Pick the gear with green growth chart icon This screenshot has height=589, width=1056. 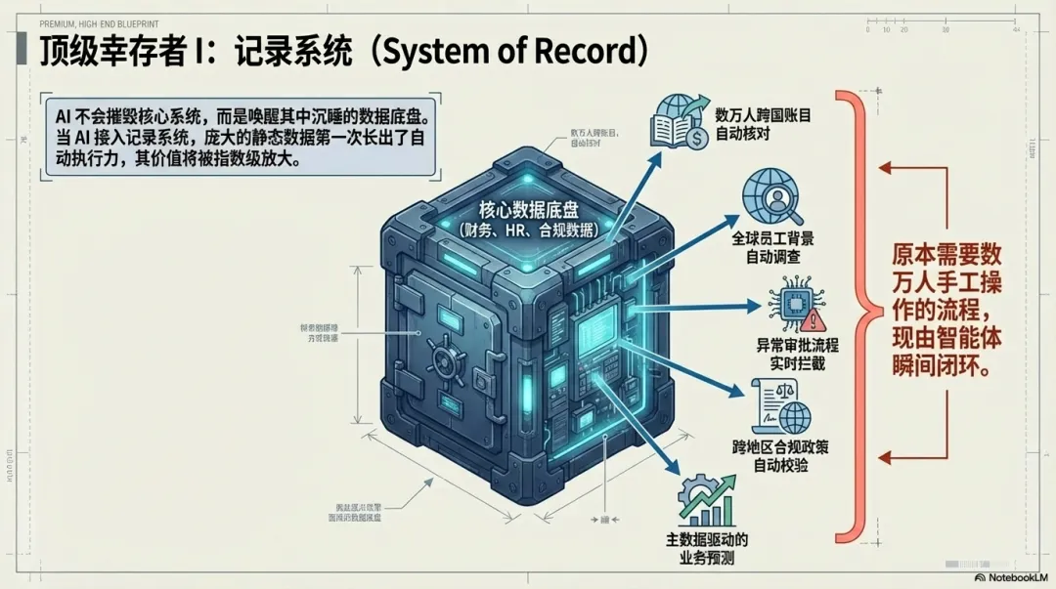click(x=706, y=499)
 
